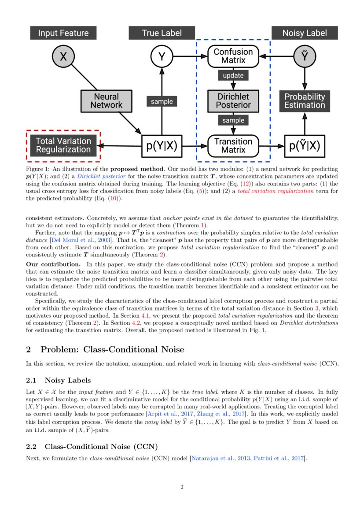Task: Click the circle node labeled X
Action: [63, 56]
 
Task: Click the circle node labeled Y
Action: [162, 56]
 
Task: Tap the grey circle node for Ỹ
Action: [305, 56]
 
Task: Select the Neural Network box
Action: [106, 101]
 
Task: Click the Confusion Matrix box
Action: [233, 56]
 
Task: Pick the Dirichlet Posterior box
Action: [233, 101]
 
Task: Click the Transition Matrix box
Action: [233, 146]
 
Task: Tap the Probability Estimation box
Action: [305, 101]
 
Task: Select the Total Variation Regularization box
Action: [63, 146]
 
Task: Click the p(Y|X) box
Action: [162, 146]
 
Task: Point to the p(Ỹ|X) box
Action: [305, 146]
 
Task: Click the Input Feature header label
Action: [63, 33]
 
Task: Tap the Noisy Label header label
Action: [305, 33]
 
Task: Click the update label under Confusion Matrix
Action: [233, 75]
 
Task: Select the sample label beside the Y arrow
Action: [162, 101]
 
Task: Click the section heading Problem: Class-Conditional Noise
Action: [112, 350]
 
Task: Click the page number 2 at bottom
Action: [182, 487]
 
